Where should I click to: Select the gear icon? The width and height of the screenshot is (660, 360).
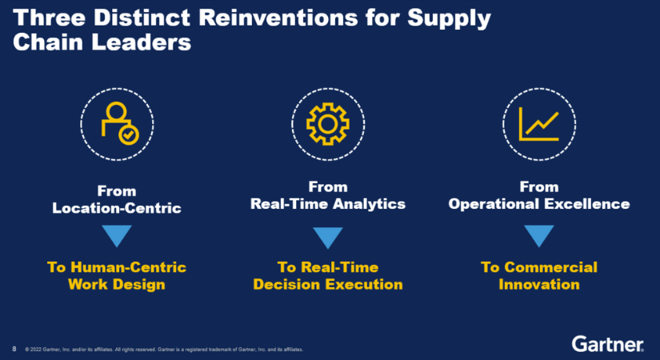(x=328, y=124)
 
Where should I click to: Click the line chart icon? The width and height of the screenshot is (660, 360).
(x=538, y=124)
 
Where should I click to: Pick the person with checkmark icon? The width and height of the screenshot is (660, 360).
(x=119, y=123)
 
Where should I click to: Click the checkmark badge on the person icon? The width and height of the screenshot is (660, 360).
(x=129, y=134)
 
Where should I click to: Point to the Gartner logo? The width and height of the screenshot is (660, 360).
(x=607, y=344)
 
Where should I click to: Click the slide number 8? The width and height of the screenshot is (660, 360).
(x=14, y=349)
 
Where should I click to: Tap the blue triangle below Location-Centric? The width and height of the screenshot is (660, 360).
(x=117, y=236)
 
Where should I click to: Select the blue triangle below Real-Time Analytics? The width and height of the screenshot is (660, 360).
(x=328, y=238)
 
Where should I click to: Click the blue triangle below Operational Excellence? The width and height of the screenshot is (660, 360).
(x=538, y=236)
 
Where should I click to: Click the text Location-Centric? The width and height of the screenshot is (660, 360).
(x=117, y=208)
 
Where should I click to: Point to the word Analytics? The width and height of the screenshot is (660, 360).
(x=369, y=204)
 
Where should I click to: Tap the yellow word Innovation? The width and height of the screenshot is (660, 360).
(x=538, y=284)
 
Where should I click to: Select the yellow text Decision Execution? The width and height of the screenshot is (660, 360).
(x=328, y=284)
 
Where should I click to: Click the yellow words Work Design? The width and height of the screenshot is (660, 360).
(x=117, y=284)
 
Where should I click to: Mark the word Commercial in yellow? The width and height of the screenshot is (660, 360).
(x=550, y=267)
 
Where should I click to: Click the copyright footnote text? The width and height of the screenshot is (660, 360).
(x=164, y=350)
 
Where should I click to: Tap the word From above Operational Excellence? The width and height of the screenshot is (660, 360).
(x=538, y=186)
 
